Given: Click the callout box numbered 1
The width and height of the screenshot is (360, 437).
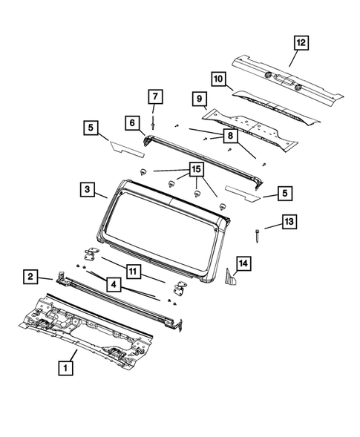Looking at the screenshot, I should pyautogui.click(x=66, y=367).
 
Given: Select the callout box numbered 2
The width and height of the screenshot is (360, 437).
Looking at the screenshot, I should pyautogui.click(x=30, y=277).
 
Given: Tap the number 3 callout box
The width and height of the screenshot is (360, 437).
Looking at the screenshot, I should pyautogui.click(x=88, y=191).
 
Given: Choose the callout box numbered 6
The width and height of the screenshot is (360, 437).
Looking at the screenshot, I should pyautogui.click(x=131, y=122).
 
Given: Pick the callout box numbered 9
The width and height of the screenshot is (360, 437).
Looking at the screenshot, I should pyautogui.click(x=200, y=99).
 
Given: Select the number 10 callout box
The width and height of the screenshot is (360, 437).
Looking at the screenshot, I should pyautogui.click(x=218, y=78).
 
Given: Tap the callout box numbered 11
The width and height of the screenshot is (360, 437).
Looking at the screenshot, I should pyautogui.click(x=131, y=272).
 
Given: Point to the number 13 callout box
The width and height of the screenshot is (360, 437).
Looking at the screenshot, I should pyautogui.click(x=289, y=223).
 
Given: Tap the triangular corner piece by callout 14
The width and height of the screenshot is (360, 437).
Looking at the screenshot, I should pyautogui.click(x=232, y=280).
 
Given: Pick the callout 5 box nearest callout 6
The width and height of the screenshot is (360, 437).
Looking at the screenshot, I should pyautogui.click(x=91, y=129).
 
